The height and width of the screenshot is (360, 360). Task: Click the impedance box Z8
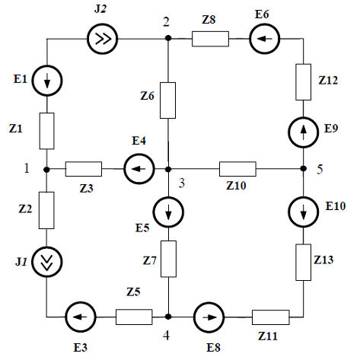[210, 39]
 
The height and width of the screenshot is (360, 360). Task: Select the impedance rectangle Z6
[167, 100]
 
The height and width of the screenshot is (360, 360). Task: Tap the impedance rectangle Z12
[304, 82]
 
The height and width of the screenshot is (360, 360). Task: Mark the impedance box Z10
[237, 169]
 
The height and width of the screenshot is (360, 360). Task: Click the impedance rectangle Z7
[168, 259]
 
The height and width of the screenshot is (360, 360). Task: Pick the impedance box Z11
[271, 317]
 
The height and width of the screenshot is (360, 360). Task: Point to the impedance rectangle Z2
[46, 210]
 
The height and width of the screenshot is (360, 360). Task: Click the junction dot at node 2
[168, 38]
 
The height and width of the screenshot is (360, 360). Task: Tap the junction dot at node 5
[304, 168]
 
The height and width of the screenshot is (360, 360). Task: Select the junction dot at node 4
[168, 317]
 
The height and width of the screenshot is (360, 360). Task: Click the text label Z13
[323, 260]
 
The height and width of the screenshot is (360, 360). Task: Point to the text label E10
[336, 205]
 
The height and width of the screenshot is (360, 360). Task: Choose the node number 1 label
[27, 168]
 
